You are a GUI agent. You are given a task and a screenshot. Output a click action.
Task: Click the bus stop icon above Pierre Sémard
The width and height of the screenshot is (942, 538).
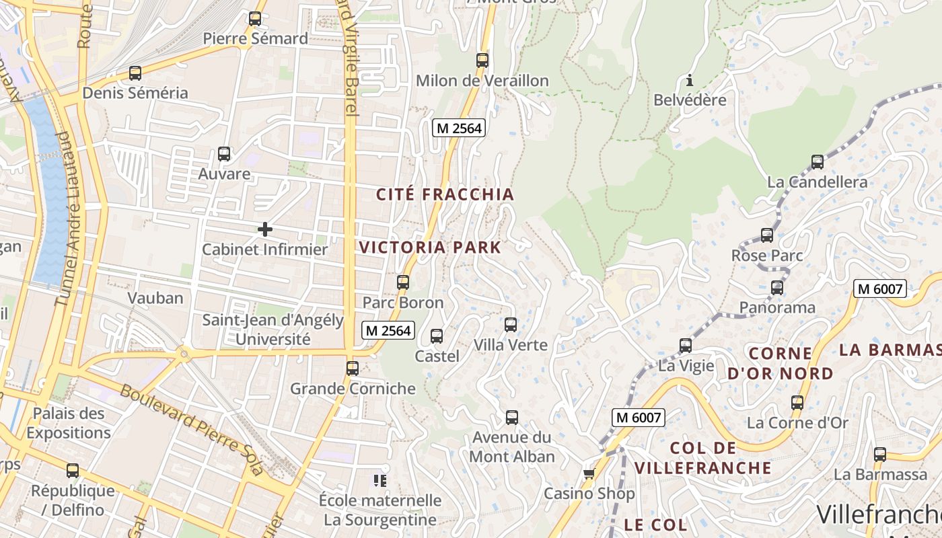point(255,19)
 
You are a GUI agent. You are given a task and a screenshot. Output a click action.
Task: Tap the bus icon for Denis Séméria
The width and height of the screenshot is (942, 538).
point(135,73)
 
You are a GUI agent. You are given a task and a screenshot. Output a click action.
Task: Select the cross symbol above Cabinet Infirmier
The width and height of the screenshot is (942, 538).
point(265,229)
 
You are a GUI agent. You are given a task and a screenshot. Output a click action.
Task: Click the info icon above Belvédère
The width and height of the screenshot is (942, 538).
point(690,81)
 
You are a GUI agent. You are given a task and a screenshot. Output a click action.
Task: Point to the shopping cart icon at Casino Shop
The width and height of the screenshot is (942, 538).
point(589,474)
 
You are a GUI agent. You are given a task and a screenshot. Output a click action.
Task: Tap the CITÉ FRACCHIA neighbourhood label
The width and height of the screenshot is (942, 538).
point(445,195)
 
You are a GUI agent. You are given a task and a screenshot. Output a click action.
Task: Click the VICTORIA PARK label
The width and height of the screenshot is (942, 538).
point(430,247)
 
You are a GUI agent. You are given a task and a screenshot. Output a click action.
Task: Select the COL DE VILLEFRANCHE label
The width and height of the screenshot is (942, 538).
point(703,458)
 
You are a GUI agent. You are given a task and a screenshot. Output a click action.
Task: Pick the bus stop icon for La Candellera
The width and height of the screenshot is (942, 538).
point(818,162)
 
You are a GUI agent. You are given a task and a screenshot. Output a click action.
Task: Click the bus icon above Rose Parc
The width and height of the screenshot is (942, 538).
point(767,235)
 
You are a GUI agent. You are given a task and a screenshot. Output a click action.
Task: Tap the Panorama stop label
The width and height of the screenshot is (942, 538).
point(777,308)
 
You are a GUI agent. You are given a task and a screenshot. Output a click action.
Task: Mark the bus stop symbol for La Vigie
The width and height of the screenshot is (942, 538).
point(686,346)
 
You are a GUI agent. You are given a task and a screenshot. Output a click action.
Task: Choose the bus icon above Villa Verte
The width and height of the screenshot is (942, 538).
point(511,325)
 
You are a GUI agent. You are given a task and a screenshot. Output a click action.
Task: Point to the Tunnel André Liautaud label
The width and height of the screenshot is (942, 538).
point(63,219)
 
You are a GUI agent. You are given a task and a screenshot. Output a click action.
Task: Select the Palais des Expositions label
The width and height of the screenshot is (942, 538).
point(69,423)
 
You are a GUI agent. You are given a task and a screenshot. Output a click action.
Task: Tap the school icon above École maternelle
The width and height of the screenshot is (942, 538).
point(380,480)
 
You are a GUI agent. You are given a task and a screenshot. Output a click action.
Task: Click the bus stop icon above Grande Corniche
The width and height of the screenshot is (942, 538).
point(353,369)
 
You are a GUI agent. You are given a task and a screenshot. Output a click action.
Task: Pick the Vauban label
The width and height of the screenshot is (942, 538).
point(155,298)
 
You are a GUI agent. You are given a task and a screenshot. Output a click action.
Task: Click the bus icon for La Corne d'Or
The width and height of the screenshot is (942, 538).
point(797,403)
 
